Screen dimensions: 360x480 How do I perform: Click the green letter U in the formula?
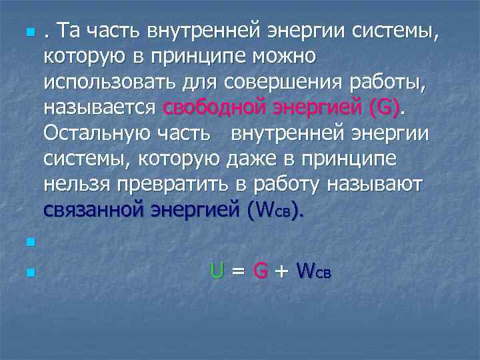(217, 270)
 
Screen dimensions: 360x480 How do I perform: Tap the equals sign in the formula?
(239, 271)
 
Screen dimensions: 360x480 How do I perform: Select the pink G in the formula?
(261, 270)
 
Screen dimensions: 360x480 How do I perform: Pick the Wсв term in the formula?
(313, 271)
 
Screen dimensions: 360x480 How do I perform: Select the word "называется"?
(100, 107)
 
